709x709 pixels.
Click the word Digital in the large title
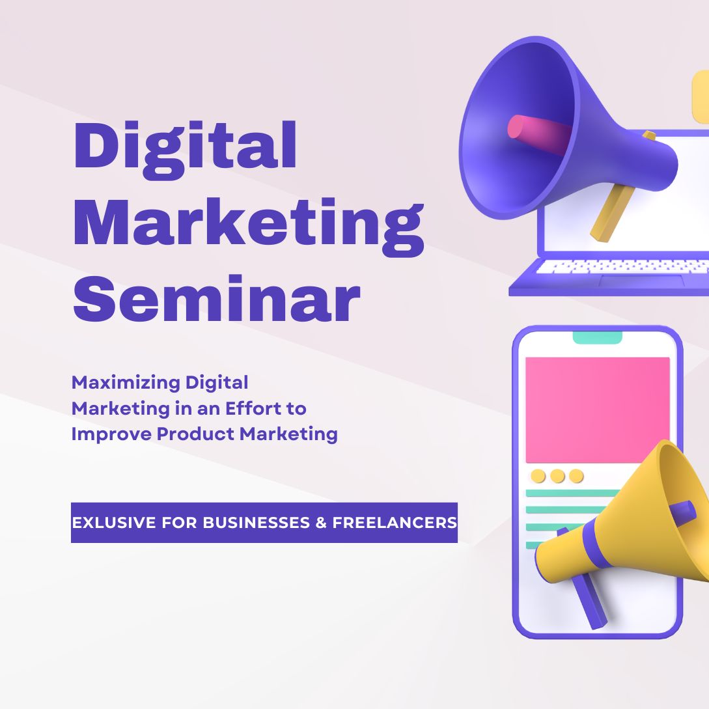tap(185, 150)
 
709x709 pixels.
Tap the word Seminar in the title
tap(217, 298)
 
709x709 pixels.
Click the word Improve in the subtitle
tap(111, 434)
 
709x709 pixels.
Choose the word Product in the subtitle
tap(195, 434)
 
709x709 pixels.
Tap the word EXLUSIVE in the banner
tap(114, 523)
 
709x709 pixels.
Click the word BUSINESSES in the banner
tap(256, 523)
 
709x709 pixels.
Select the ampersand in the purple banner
tap(321, 523)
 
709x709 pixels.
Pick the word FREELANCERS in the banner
tap(395, 523)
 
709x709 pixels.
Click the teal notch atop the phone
tap(597, 337)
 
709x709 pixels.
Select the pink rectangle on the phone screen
tap(597, 410)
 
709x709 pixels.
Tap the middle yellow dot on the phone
tap(557, 476)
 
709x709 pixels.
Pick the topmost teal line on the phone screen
tap(572, 494)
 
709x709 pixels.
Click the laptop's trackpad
tap(642, 281)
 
